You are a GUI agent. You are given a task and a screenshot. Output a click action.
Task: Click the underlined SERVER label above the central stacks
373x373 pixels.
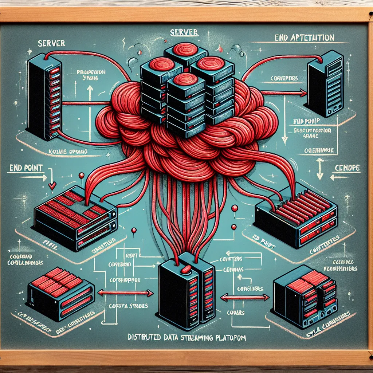pos(184,32)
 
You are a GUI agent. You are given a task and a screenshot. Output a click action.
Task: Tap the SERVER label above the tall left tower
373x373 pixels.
pos(51,43)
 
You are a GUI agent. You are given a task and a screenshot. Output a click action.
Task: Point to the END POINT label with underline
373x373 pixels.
pos(24,168)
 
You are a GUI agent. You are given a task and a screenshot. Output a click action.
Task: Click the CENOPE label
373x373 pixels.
pos(347,168)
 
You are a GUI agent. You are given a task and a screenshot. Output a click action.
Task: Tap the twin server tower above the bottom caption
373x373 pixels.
pos(186,291)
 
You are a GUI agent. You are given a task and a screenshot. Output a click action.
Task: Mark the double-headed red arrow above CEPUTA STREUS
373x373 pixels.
pos(126,292)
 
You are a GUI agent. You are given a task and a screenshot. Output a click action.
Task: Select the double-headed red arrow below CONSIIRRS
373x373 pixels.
pos(245,298)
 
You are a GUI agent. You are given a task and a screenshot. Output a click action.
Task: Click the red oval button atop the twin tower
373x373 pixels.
pos(186,269)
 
